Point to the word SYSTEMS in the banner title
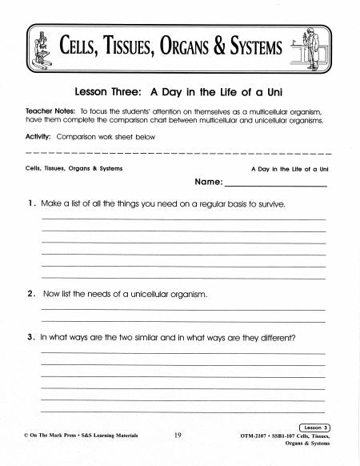point(256,51)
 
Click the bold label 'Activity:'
point(39,137)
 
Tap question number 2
point(30,294)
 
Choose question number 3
point(30,337)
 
